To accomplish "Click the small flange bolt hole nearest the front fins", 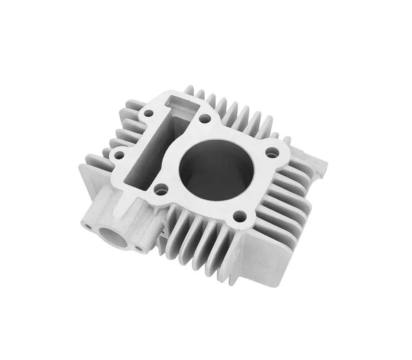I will [139, 248].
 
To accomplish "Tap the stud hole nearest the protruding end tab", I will [272, 152].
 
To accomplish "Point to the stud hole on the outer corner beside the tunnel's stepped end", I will [149, 114].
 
